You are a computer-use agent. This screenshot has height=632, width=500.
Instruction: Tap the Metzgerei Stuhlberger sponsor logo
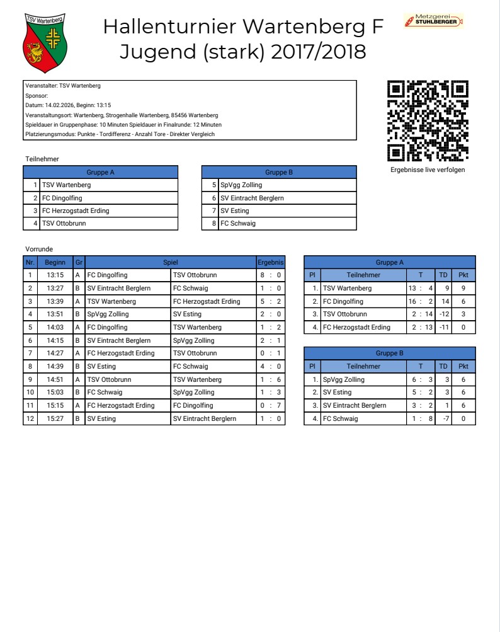pyautogui.click(x=433, y=21)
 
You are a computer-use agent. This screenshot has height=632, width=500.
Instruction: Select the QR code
pyautogui.click(x=428, y=120)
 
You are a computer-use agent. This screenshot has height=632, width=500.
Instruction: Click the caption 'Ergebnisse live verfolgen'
pyautogui.click(x=428, y=169)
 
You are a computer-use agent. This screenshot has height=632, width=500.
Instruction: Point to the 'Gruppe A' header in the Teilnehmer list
pyautogui.click(x=101, y=172)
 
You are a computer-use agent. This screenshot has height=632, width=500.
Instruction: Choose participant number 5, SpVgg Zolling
pyautogui.click(x=241, y=185)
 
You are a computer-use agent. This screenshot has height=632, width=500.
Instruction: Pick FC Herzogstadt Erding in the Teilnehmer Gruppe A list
pyautogui.click(x=76, y=210)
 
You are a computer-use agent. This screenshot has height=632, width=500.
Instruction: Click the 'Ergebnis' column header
pyautogui.click(x=271, y=262)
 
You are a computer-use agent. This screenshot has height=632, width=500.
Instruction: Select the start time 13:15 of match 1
pyautogui.click(x=55, y=275)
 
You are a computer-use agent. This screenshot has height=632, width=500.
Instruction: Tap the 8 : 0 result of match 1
pyautogui.click(x=271, y=275)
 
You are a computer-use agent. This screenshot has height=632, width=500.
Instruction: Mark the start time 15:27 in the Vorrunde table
pyautogui.click(x=55, y=418)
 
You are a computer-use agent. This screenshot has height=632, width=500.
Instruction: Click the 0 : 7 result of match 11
pyautogui.click(x=271, y=405)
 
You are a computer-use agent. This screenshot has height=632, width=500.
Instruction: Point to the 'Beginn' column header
pyautogui.click(x=55, y=262)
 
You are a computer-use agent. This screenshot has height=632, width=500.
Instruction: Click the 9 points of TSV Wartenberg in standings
pyautogui.click(x=463, y=288)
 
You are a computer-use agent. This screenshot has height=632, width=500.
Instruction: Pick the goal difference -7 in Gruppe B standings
pyautogui.click(x=445, y=418)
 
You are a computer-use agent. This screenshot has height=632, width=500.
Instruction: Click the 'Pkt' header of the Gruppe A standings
pyautogui.click(x=463, y=275)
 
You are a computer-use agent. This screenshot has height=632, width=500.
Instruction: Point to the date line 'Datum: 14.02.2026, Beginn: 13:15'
pyautogui.click(x=68, y=105)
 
